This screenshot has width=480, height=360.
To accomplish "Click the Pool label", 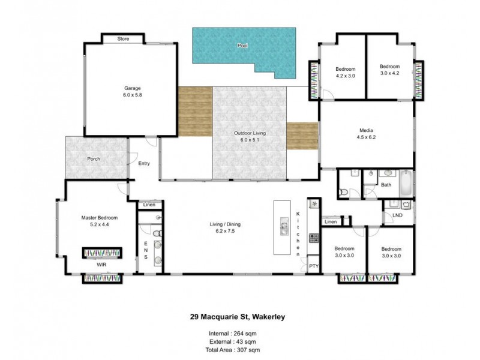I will point(242,46).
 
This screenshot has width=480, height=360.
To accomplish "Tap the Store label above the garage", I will point(123,39).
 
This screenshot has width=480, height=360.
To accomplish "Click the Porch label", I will point(93,159).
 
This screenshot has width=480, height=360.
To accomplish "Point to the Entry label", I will point(144,163).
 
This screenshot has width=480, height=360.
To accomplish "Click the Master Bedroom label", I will point(100,217).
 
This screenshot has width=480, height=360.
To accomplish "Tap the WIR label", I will point(102,263).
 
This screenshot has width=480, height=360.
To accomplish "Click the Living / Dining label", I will point(226,225).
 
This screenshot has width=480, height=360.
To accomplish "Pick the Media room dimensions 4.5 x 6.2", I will point(367,137).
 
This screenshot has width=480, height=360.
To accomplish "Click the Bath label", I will point(386,185).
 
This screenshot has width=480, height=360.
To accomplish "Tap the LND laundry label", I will point(397,214).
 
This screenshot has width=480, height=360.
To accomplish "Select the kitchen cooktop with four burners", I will point(313,238).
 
